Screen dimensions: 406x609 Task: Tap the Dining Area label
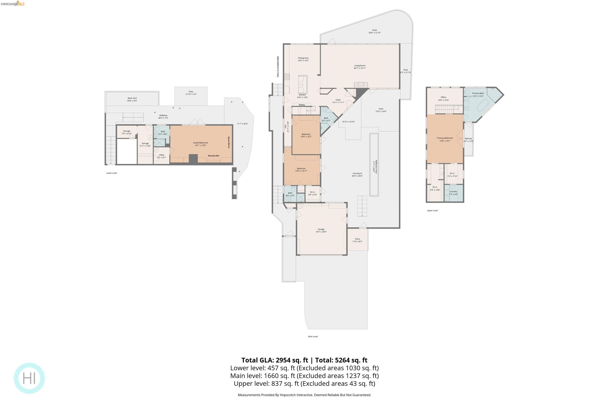coord(303,59)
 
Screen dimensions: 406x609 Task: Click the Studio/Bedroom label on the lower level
coord(200,144)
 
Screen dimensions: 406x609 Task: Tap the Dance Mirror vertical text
coord(229,142)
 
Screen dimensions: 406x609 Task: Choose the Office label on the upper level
coord(443,98)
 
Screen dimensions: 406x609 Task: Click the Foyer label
coord(338,101)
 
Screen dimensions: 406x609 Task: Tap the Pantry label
coord(302,105)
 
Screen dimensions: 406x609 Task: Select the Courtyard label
coord(357,174)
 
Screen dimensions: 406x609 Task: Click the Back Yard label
coord(132,99)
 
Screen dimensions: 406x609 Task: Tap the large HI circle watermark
coord(29,378)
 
